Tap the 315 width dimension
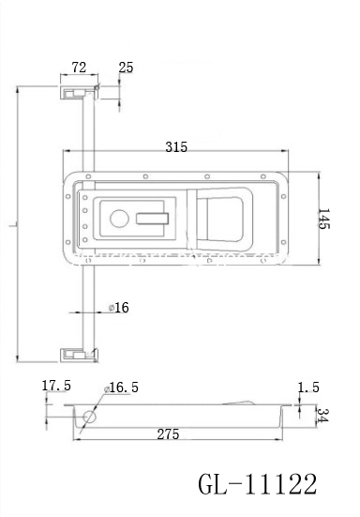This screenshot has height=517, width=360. [175, 146]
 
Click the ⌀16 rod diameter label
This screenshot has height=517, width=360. [119, 308]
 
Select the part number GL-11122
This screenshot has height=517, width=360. [259, 485]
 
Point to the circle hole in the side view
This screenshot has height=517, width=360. [91, 418]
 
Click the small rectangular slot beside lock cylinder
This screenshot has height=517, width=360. [153, 219]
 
